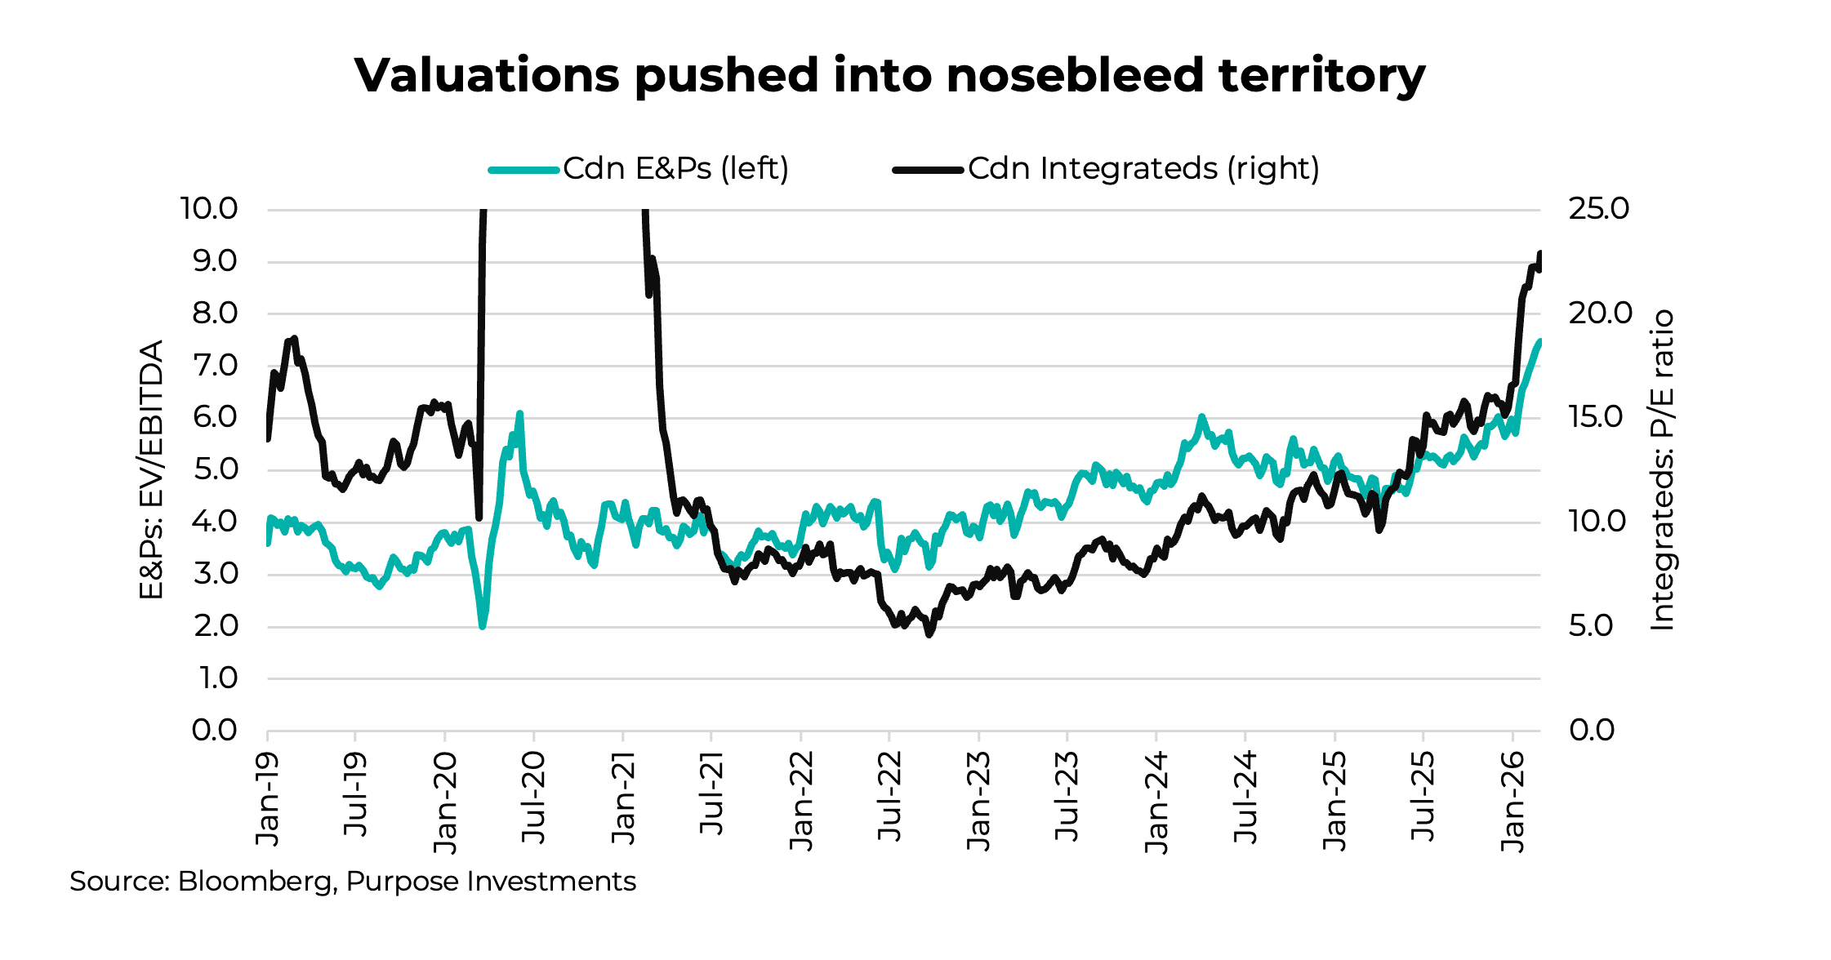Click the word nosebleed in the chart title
(x=1074, y=75)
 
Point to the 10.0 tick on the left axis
(x=208, y=209)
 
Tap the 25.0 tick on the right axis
(x=1598, y=209)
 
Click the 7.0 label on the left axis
(x=214, y=366)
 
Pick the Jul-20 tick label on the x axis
(x=533, y=798)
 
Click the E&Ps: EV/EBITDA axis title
(x=152, y=469)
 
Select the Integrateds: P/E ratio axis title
(x=1662, y=469)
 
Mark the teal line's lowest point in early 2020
(x=483, y=625)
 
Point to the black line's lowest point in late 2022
(x=929, y=633)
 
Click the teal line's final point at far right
(x=1539, y=341)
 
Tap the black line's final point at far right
(x=1540, y=254)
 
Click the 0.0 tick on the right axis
(x=1591, y=730)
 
